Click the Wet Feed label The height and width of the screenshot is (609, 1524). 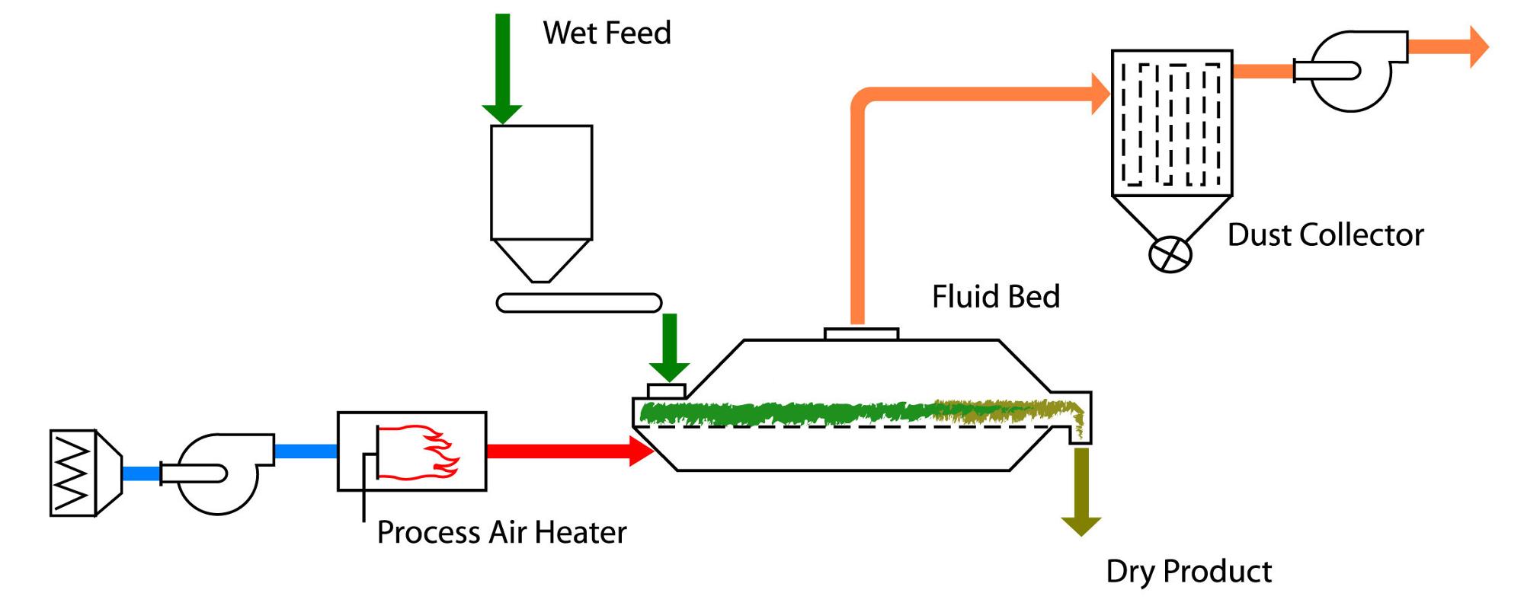click(x=607, y=33)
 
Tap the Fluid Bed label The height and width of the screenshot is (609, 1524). click(x=995, y=297)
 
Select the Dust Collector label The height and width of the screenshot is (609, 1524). click(x=1325, y=235)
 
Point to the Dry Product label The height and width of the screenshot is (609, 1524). click(x=1189, y=572)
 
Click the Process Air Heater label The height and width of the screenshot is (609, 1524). click(x=501, y=532)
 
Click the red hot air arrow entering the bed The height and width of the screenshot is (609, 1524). click(x=568, y=451)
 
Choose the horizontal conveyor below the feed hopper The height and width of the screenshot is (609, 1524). click(x=578, y=303)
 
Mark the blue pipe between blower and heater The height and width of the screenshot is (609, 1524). click(x=305, y=451)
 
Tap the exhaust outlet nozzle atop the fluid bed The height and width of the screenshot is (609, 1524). click(x=861, y=333)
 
